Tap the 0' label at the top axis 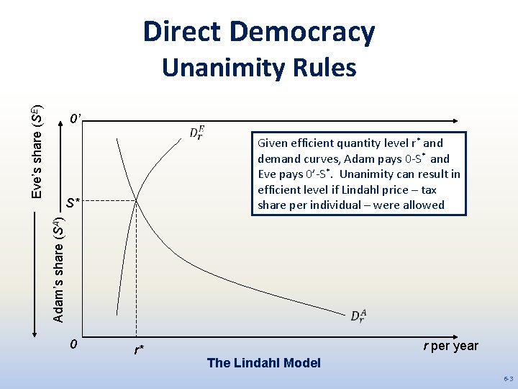click(75, 118)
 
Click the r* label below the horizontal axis click(139, 351)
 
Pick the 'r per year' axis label click(450, 346)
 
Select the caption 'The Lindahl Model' click(263, 363)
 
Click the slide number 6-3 click(508, 378)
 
